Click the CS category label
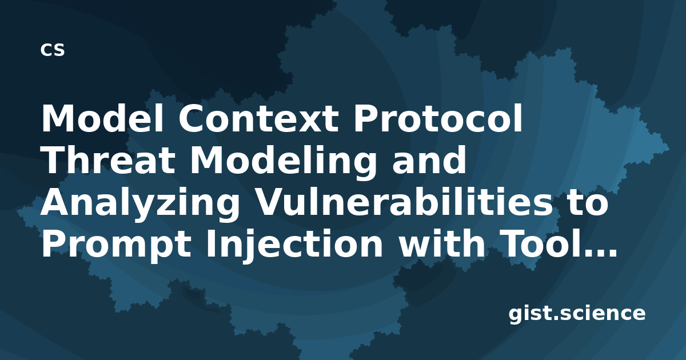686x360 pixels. [x=53, y=50]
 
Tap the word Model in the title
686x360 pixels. [x=103, y=118]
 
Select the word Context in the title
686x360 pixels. [x=259, y=118]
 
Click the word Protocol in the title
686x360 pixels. [x=438, y=118]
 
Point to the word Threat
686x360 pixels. [x=109, y=159]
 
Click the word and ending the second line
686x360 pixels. [x=429, y=159]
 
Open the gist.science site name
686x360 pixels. [x=577, y=314]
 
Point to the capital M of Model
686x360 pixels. [x=59, y=118]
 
